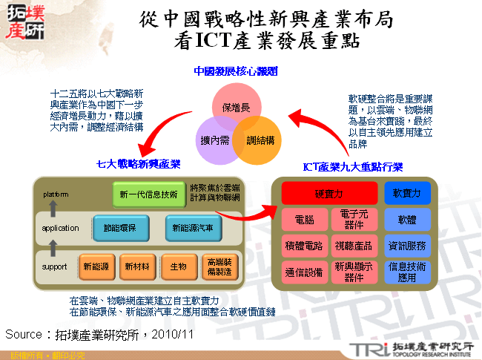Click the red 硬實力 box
click(329, 193)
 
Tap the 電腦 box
click(304, 220)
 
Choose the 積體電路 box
click(304, 245)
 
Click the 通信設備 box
click(304, 272)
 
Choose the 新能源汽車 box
click(193, 228)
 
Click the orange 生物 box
click(178, 266)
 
